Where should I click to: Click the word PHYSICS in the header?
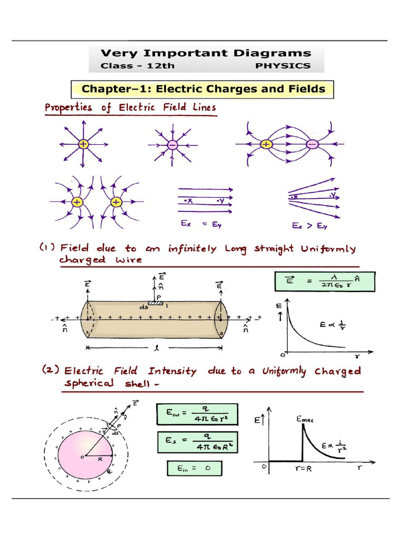(282, 66)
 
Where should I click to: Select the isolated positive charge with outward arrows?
(83, 144)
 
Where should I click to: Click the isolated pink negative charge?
(173, 145)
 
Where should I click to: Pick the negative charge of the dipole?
(312, 144)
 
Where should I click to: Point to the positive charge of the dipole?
(266, 144)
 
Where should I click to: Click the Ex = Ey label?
(201, 224)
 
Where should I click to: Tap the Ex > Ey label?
(309, 225)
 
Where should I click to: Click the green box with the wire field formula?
(325, 282)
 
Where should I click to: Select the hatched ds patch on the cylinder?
(156, 303)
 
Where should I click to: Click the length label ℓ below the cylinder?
(157, 348)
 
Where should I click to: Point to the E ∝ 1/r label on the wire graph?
(332, 324)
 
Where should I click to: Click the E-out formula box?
(197, 414)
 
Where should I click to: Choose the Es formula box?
(198, 442)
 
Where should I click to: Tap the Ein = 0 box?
(195, 468)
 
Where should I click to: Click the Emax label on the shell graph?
(305, 420)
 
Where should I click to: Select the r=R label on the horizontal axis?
(304, 468)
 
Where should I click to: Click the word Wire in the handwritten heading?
(129, 259)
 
